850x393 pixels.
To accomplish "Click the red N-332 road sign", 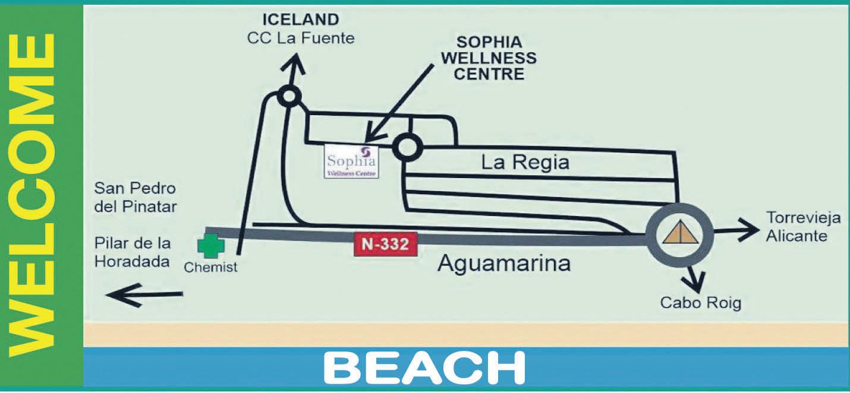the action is point(385,245).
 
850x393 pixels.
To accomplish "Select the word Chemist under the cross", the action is point(210,267).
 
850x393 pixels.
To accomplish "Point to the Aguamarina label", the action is point(504,263).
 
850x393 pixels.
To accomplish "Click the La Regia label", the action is point(525,162).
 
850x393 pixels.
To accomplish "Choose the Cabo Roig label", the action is point(701,303).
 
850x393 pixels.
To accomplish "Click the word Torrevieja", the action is point(803,217).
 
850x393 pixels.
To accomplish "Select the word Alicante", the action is point(796,236).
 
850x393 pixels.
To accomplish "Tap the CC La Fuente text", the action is point(301,39).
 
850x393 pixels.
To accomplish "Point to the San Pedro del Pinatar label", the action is point(136,198).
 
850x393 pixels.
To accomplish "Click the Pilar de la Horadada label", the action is point(133,252).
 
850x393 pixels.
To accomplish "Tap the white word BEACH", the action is point(424,368).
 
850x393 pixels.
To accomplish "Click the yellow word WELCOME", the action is point(33,196).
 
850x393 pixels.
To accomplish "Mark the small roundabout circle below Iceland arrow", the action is point(288,96).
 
